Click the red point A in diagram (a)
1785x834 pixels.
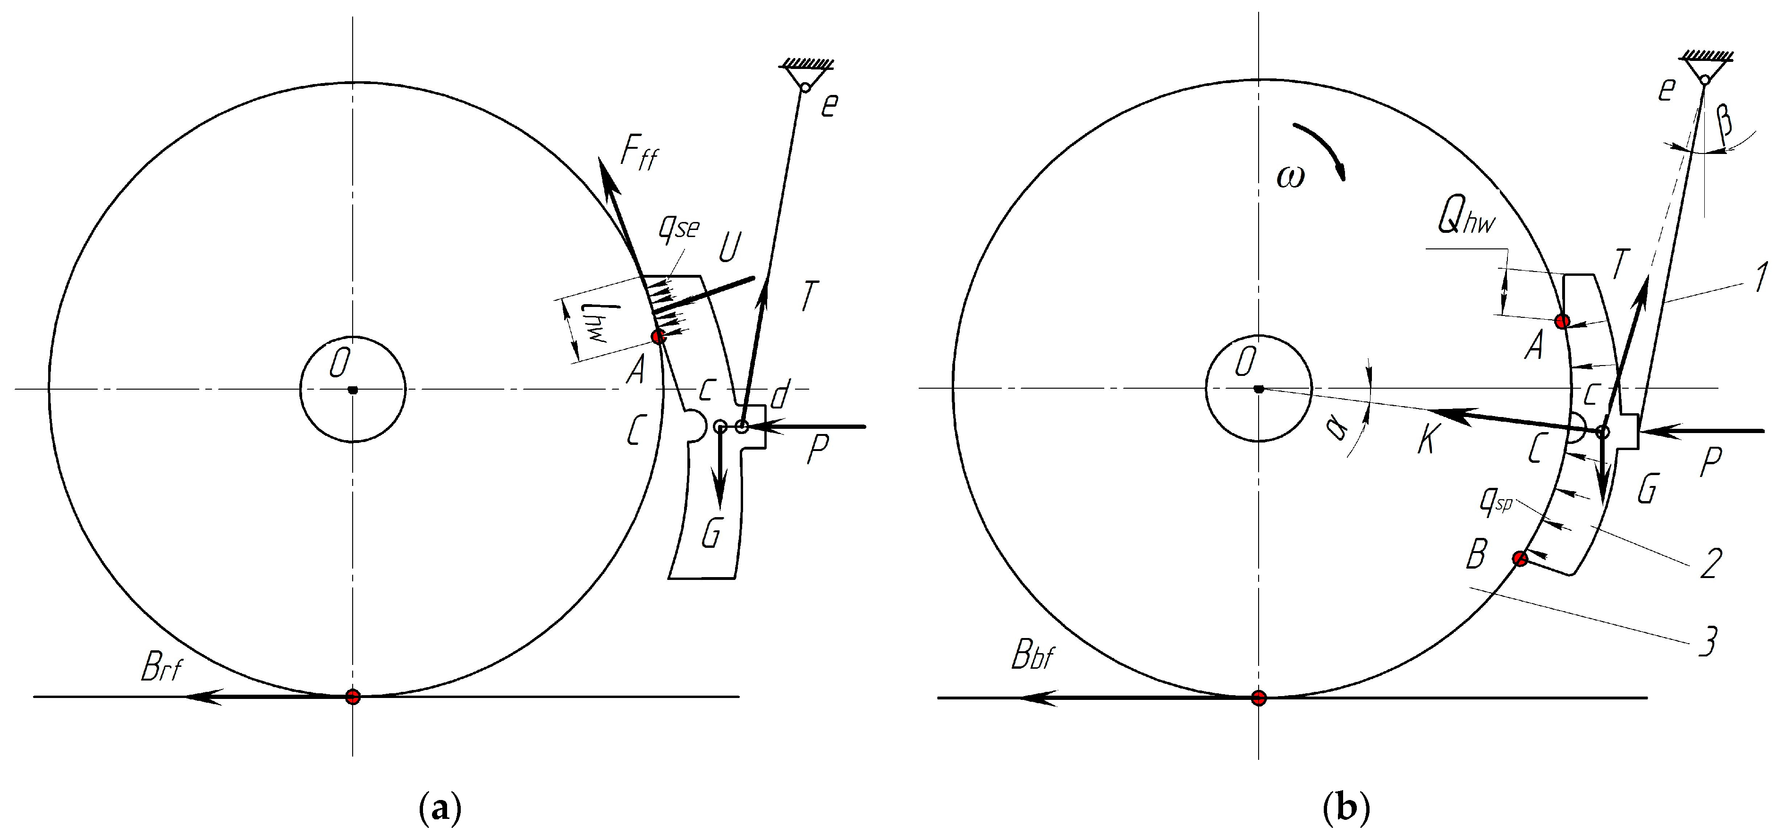pos(658,337)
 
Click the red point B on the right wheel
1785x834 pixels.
pos(1520,559)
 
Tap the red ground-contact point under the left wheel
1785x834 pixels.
pos(353,696)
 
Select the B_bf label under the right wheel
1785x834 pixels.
pos(1032,655)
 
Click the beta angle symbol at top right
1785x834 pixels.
pos(1726,119)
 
